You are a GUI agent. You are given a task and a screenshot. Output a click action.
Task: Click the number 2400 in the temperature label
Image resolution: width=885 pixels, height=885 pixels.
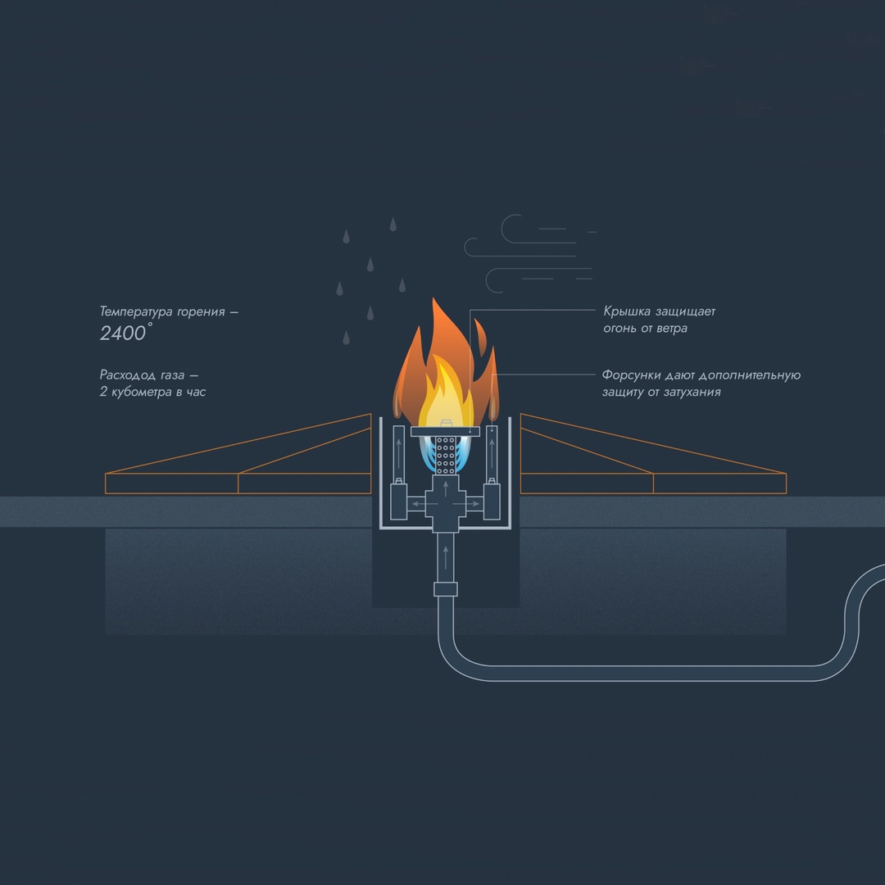pos(122,333)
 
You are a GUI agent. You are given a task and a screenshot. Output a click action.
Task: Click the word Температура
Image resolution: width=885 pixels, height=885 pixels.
pos(137,311)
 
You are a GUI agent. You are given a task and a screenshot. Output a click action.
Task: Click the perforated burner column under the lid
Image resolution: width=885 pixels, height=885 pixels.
pos(446,456)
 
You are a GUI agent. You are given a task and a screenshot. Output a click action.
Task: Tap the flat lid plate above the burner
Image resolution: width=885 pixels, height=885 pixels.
pos(446,431)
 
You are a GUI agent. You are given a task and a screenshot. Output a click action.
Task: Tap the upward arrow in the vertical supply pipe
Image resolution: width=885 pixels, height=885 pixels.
pos(446,557)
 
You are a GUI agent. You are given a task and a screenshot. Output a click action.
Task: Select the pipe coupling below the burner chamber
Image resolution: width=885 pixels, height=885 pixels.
pos(446,588)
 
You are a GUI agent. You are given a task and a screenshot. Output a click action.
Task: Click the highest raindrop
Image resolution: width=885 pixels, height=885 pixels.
pos(393,224)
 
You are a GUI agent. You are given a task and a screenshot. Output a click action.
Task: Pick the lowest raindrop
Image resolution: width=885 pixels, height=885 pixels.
pos(346,337)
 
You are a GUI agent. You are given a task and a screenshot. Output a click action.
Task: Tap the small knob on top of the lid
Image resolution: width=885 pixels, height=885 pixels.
pos(446,423)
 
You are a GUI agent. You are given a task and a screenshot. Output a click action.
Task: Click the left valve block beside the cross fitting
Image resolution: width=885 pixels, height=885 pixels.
pos(399,501)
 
